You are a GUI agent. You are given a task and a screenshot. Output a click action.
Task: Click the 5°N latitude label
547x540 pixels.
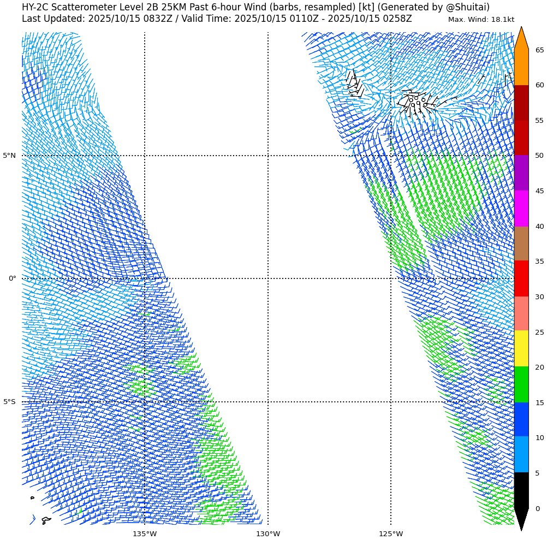pyautogui.click(x=9, y=156)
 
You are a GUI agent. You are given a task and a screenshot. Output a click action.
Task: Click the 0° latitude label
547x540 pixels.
pyautogui.click(x=12, y=278)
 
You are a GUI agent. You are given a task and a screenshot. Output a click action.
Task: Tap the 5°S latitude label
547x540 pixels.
pyautogui.click(x=9, y=402)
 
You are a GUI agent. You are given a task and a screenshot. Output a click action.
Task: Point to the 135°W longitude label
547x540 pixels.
pyautogui.click(x=145, y=534)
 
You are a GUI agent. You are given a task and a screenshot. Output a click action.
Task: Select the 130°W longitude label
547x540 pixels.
pyautogui.click(x=268, y=534)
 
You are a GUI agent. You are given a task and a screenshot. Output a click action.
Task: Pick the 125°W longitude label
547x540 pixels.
pyautogui.click(x=391, y=534)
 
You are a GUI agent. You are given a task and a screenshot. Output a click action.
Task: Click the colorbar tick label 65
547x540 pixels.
pyautogui.click(x=539, y=50)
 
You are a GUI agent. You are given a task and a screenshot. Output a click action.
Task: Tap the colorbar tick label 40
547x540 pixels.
pyautogui.click(x=539, y=227)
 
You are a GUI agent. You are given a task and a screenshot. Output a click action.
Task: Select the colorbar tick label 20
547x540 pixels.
pyautogui.click(x=539, y=367)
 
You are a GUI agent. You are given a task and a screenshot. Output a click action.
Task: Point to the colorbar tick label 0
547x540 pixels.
pyautogui.click(x=537, y=509)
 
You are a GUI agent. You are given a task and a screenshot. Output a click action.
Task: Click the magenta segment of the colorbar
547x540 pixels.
pyautogui.click(x=521, y=209)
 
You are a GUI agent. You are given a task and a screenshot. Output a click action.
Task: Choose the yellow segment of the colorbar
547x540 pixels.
pyautogui.click(x=521, y=348)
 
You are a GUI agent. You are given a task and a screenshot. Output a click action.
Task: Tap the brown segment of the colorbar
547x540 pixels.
pyautogui.click(x=521, y=244)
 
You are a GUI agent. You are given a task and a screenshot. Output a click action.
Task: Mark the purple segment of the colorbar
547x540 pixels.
pyautogui.click(x=521, y=173)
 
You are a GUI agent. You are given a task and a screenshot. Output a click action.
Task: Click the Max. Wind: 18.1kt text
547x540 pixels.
pyautogui.click(x=481, y=20)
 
